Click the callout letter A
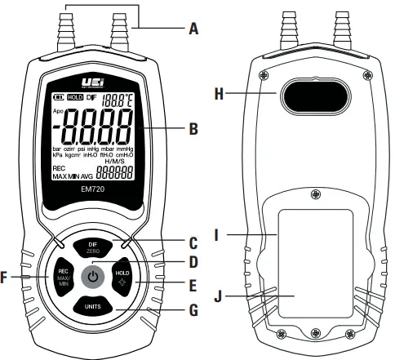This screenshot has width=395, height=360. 193,29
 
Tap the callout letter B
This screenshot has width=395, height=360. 193,128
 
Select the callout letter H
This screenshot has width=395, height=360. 219,94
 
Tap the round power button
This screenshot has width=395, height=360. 96,276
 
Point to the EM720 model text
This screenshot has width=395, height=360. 96,189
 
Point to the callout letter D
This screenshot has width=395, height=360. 193,262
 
